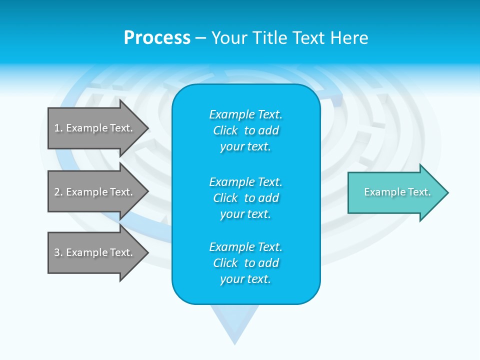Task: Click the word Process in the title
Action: (157, 38)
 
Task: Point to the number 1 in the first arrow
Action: (57, 128)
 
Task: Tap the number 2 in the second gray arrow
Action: (57, 192)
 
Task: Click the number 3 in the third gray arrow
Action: (57, 252)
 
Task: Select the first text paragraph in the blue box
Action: (245, 130)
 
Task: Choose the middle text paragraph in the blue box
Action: (245, 197)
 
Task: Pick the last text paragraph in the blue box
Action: (245, 263)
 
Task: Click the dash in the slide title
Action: (200, 38)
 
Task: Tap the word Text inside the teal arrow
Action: (419, 192)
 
